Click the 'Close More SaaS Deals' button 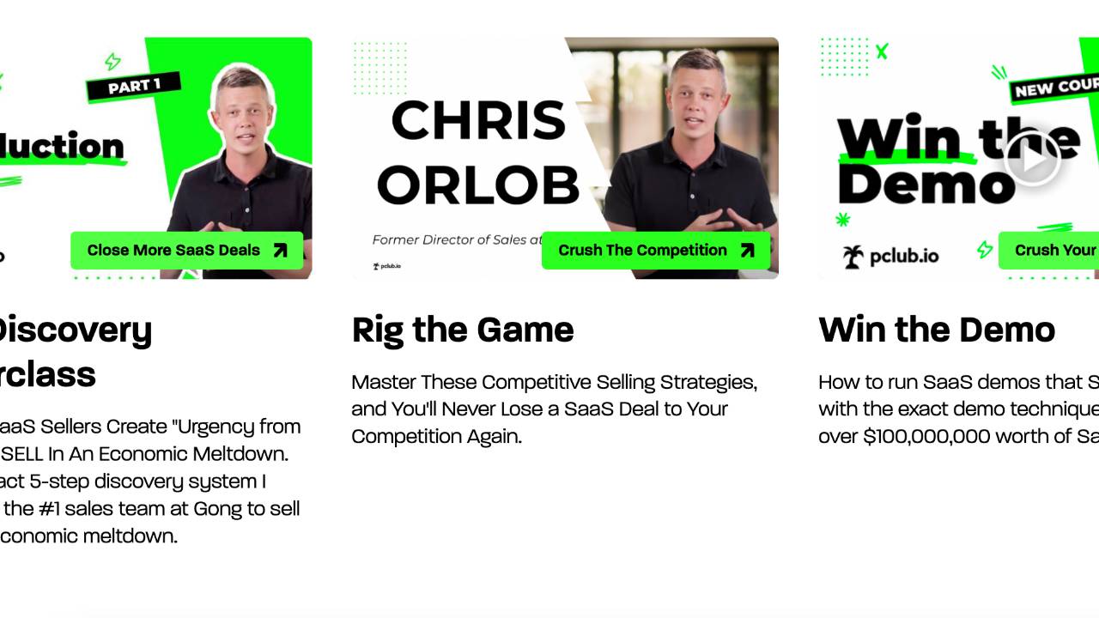coord(186,251)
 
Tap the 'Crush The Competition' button coord(656,251)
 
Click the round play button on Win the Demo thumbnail coord(1032,159)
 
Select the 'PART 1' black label coord(134,86)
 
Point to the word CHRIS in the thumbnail coord(478,120)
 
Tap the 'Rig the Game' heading coord(463,330)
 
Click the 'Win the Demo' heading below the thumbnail coord(937,330)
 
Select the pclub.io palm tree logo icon coord(853,256)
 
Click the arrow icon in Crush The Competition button coord(747,251)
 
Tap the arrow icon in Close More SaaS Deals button coord(280,251)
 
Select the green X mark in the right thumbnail coord(882,51)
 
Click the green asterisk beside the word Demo coord(842,220)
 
